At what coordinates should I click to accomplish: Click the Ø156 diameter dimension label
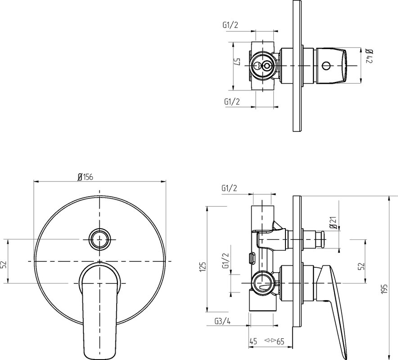point(85,177)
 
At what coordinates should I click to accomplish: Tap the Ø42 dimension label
point(369,56)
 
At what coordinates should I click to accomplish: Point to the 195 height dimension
point(385,289)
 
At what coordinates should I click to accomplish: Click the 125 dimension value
point(203,267)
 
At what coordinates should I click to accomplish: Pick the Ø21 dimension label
point(333,223)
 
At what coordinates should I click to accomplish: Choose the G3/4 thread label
point(222,321)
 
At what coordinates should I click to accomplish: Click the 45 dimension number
point(253,342)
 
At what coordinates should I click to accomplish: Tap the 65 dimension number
point(280,342)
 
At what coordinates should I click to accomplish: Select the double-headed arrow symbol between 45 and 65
point(270,340)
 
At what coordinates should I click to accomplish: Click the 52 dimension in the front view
point(4,265)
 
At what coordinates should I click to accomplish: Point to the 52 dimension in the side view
point(362,266)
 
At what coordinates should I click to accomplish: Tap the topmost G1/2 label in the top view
point(231,25)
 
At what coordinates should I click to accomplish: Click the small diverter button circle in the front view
point(100,239)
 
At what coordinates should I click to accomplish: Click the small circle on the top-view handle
point(326,66)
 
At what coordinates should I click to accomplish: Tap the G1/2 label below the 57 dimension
point(232,102)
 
